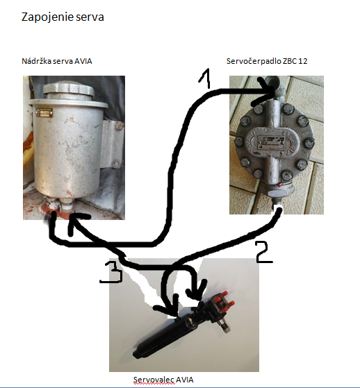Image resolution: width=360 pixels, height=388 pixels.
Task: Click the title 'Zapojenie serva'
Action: click(63, 17)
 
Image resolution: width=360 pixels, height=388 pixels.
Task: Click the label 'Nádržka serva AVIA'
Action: click(57, 61)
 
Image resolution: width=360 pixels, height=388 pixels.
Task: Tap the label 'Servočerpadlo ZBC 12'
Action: click(267, 61)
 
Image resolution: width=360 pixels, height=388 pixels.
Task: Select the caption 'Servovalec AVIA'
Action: click(163, 380)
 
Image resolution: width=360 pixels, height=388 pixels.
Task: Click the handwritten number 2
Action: click(263, 252)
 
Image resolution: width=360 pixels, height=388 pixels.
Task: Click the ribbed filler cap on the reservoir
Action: click(69, 90)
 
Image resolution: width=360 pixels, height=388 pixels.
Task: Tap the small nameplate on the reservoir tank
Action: click(44, 112)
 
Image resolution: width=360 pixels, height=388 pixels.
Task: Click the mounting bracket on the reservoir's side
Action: click(111, 144)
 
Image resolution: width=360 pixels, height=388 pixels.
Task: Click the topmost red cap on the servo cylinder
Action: click(224, 294)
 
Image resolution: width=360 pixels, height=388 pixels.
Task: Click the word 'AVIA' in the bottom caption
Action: click(184, 380)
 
